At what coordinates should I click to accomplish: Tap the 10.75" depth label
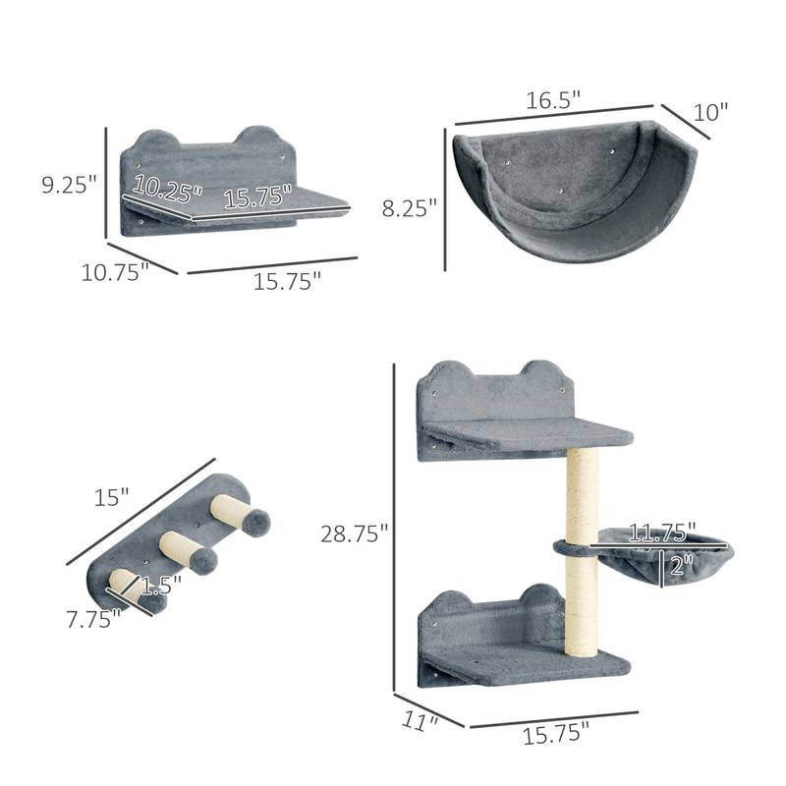pyautogui.click(x=114, y=273)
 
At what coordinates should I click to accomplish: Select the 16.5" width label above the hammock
pyautogui.click(x=553, y=99)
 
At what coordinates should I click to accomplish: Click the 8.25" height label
pyautogui.click(x=409, y=207)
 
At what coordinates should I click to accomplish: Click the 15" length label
pyautogui.click(x=112, y=497)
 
